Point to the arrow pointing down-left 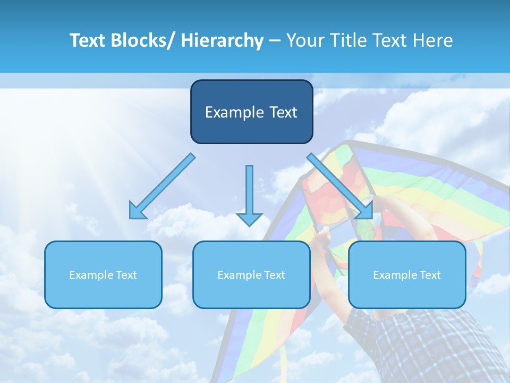[162, 186]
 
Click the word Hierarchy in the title [222, 40]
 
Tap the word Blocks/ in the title [137, 40]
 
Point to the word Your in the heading [303, 40]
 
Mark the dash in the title [275, 41]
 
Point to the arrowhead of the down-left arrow [136, 211]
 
